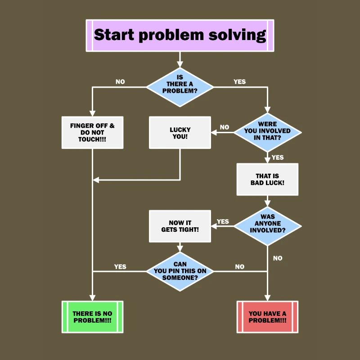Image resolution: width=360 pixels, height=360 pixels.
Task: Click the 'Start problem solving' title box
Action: (180, 36)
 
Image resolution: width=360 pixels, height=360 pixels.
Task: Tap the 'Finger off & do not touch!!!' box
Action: (92, 133)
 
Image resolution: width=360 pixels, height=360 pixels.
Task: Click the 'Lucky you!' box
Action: (180, 133)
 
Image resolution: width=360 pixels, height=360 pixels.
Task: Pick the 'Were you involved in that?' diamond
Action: (267, 132)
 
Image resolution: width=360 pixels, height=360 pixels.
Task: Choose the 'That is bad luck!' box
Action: (267, 179)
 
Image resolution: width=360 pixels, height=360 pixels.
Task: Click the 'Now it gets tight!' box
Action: (180, 226)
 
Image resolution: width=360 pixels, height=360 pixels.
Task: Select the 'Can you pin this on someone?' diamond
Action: (180, 271)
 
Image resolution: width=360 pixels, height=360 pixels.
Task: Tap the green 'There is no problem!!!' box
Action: (92, 317)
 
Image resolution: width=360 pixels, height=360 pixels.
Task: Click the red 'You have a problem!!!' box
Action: (267, 317)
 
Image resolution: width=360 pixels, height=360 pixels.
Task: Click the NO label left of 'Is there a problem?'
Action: (120, 82)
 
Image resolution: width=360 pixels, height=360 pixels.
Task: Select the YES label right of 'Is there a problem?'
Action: (240, 82)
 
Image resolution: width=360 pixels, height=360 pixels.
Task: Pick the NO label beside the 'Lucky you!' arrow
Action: (224, 127)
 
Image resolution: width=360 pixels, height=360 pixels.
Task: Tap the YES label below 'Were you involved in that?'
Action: (278, 157)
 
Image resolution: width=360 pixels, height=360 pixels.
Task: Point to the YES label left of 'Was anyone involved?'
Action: (223, 221)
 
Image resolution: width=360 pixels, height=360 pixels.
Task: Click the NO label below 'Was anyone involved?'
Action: (278, 258)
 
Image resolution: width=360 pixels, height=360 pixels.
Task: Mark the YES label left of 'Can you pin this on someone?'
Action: (120, 266)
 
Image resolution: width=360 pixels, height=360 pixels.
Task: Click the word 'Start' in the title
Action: (114, 35)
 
